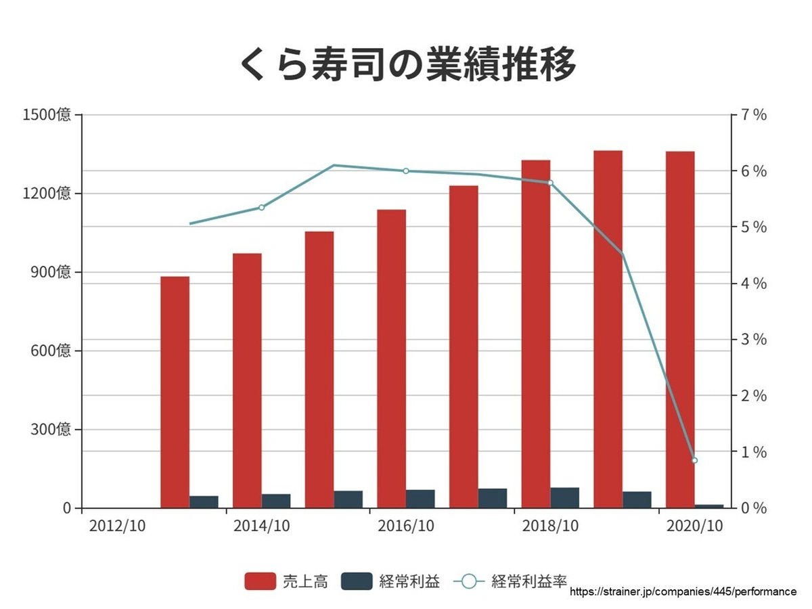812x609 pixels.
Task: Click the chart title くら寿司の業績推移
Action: (408, 65)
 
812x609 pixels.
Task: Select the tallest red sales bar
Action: (608, 329)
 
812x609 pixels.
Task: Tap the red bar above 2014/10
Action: (247, 380)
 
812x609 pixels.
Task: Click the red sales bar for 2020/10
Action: (680, 329)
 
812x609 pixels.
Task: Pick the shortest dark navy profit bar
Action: (709, 505)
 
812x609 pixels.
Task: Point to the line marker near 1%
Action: (694, 460)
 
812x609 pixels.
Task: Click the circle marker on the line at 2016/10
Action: (406, 171)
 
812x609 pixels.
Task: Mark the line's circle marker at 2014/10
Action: (261, 207)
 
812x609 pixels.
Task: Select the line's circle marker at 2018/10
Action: (550, 183)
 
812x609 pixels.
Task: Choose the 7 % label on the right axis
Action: (753, 115)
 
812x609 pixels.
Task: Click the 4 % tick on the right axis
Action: (753, 284)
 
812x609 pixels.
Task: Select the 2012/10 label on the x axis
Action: (117, 526)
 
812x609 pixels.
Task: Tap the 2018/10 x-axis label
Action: (550, 526)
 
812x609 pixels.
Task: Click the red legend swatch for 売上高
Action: (261, 581)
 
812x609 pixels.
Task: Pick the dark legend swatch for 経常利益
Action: (357, 581)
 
